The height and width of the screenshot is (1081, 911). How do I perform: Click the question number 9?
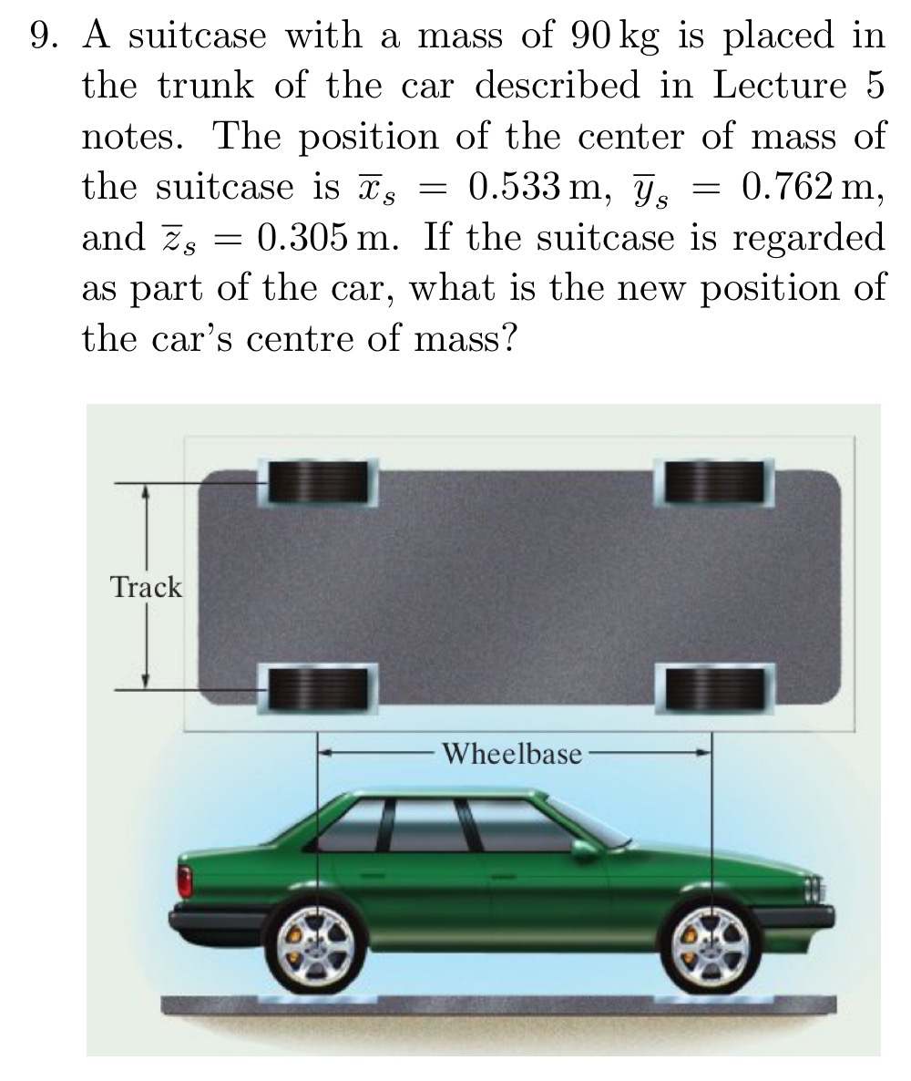coord(43,36)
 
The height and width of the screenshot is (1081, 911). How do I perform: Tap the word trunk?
coord(210,87)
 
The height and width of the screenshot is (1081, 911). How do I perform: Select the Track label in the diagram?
coord(146,588)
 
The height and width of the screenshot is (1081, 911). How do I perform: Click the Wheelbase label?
coord(512,754)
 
